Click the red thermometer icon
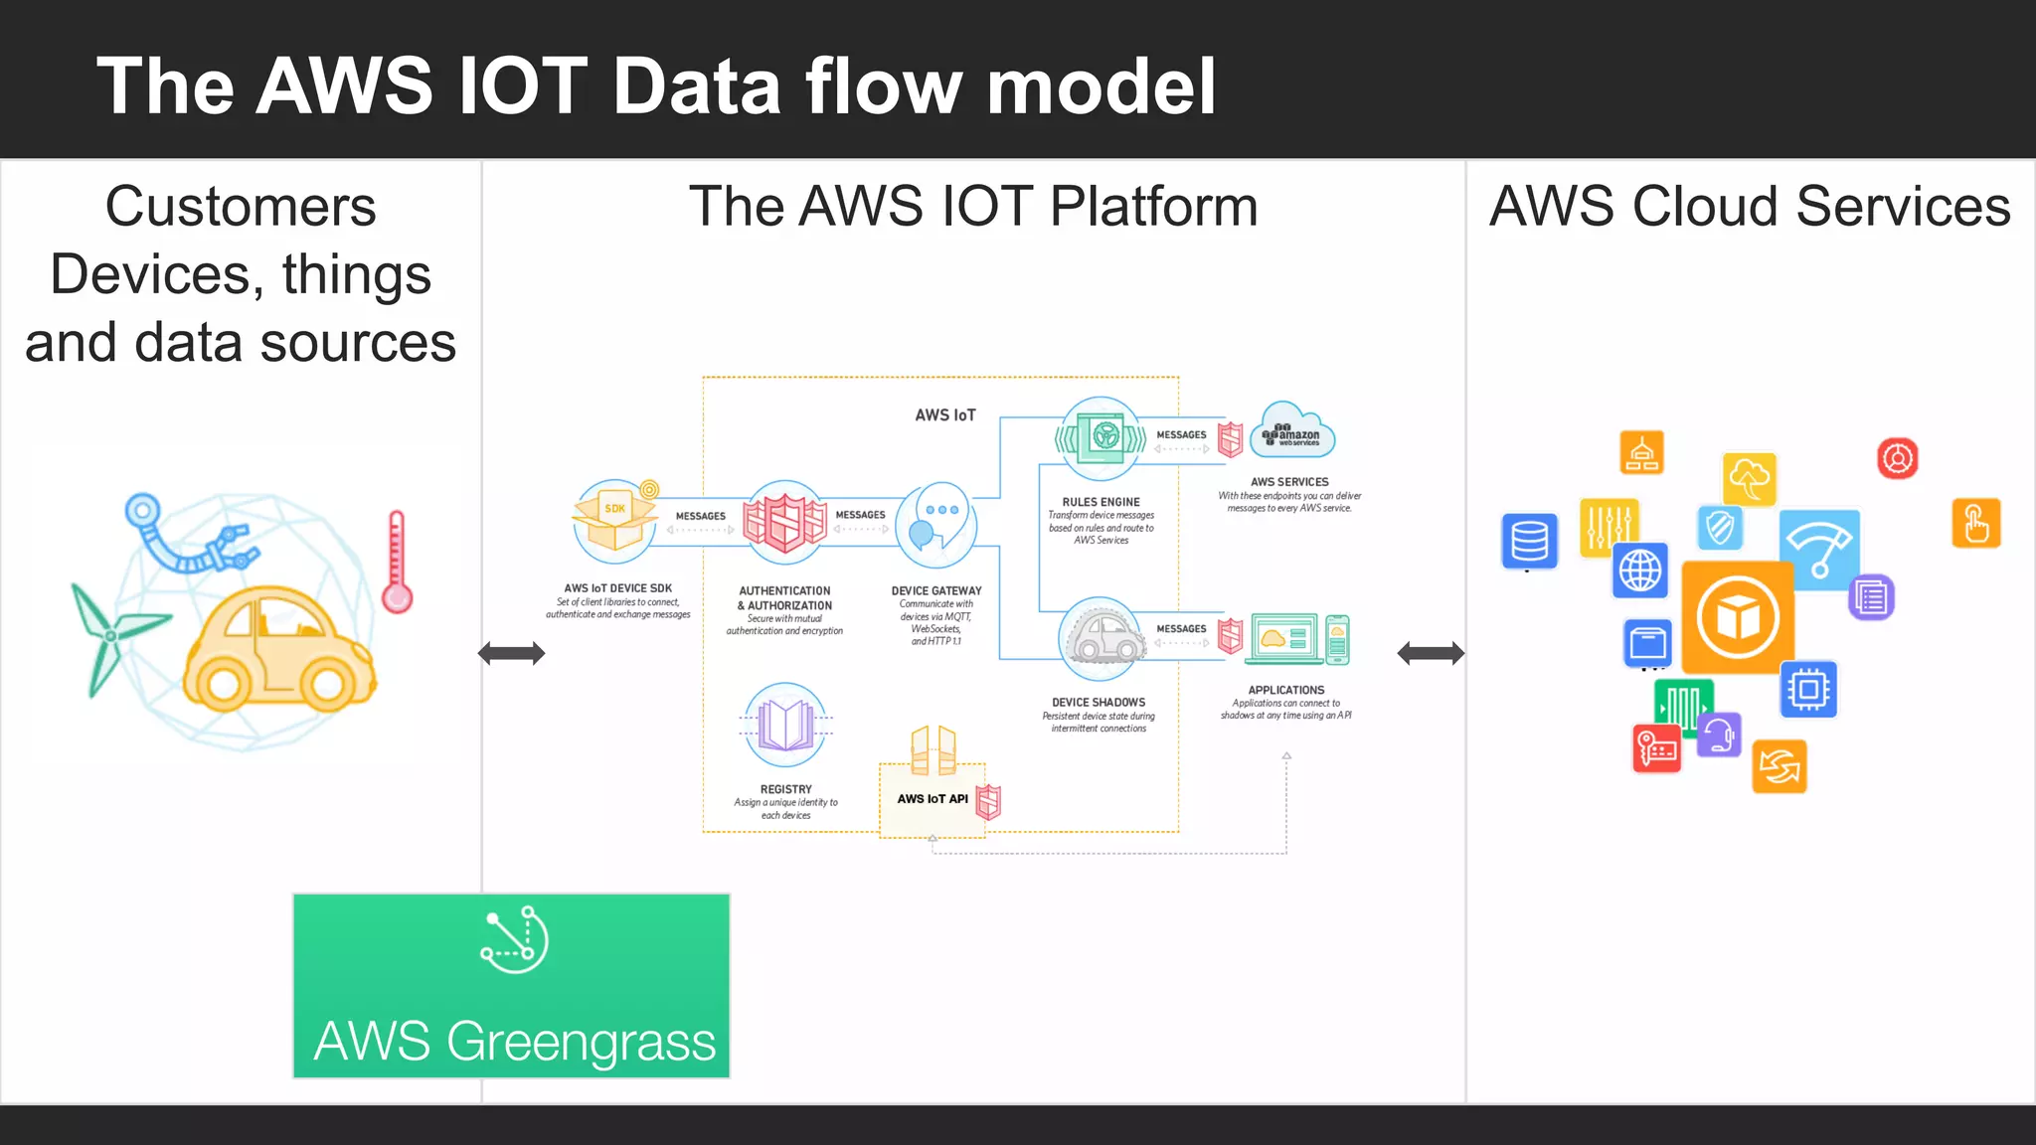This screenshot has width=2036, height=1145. (x=397, y=563)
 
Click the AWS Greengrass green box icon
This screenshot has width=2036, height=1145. (x=514, y=940)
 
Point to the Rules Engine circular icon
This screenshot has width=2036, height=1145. (x=1101, y=438)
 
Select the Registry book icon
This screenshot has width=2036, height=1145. (x=785, y=724)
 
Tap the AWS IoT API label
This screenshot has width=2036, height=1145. (x=932, y=799)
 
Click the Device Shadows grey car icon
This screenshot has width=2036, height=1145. (x=1101, y=639)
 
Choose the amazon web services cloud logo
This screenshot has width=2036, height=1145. (x=1291, y=431)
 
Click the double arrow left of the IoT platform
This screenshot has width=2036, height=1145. (x=511, y=653)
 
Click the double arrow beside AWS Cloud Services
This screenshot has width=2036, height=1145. (x=1431, y=653)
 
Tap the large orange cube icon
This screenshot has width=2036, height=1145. (x=1737, y=617)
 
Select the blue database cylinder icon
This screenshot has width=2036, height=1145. (x=1529, y=542)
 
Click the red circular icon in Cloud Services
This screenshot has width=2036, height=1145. (x=1897, y=458)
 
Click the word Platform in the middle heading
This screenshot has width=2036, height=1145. (x=1153, y=207)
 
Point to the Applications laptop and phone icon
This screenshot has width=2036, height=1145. (x=1300, y=639)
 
